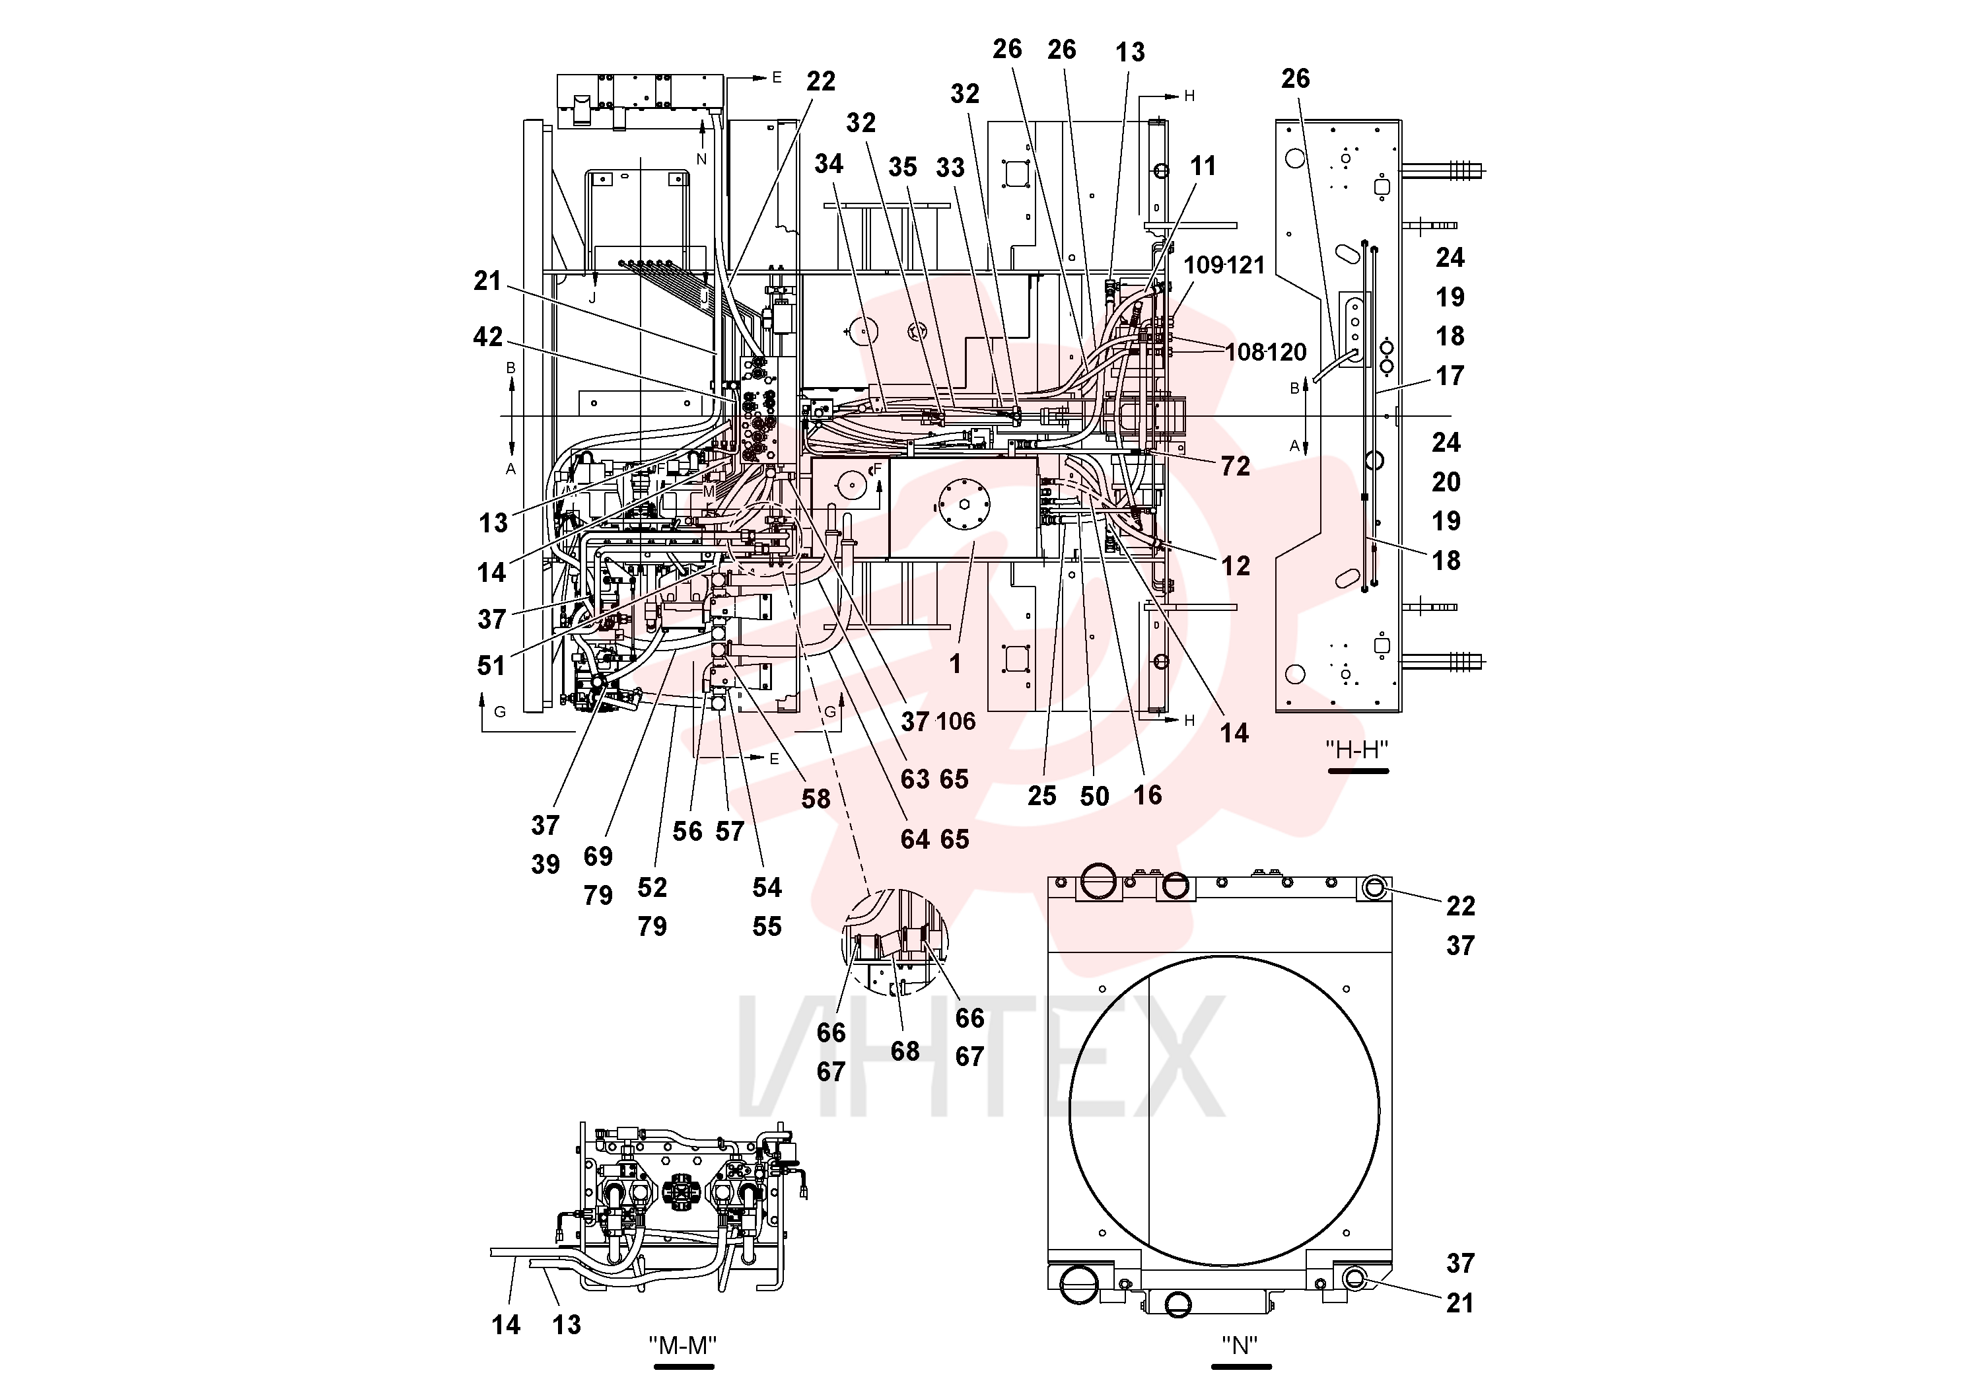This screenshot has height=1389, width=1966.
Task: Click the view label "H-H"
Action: tap(1357, 749)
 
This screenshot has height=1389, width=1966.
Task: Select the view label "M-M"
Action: tap(682, 1345)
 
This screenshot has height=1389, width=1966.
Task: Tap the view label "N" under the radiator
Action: tap(1240, 1345)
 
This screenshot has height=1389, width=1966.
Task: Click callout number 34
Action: tap(829, 164)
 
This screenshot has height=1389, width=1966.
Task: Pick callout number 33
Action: tap(950, 168)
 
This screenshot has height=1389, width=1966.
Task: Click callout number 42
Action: tap(488, 338)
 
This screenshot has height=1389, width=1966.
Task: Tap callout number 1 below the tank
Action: tap(956, 664)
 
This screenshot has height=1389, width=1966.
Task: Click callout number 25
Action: tap(1042, 795)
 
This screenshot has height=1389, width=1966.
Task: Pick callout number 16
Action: tap(1147, 795)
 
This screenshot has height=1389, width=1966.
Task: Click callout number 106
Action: tap(956, 721)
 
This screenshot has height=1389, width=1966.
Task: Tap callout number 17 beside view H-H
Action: tap(1450, 375)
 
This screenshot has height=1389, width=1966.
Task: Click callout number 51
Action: tap(491, 665)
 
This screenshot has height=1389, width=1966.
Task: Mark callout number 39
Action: tap(545, 864)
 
